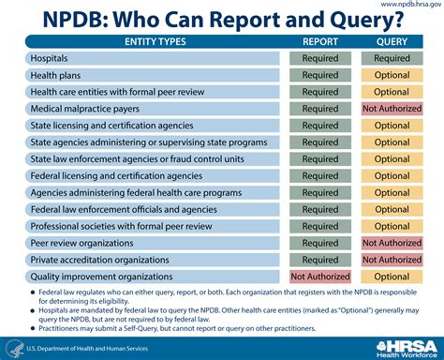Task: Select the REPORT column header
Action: pyautogui.click(x=320, y=41)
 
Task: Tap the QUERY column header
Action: pyautogui.click(x=392, y=41)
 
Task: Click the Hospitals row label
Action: pyautogui.click(x=56, y=58)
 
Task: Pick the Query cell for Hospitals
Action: pyautogui.click(x=392, y=58)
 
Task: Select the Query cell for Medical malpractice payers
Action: pyautogui.click(x=392, y=109)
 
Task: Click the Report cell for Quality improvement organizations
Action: pyautogui.click(x=320, y=277)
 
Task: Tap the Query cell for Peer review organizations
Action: pyautogui.click(x=392, y=243)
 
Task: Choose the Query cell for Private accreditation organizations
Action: pyautogui.click(x=392, y=260)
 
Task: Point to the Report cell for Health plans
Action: pyautogui.click(x=320, y=75)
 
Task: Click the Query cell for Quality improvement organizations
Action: pyautogui.click(x=392, y=277)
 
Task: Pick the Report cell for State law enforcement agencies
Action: pyautogui.click(x=320, y=159)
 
